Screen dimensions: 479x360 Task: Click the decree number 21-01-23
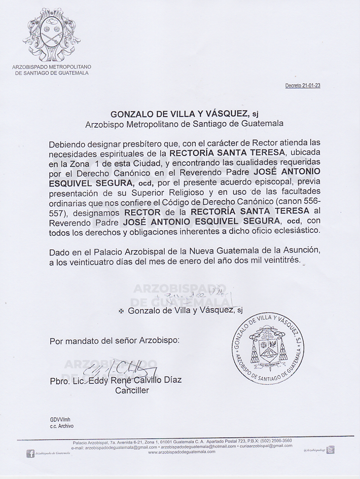tap(303, 86)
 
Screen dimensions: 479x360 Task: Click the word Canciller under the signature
tap(132, 390)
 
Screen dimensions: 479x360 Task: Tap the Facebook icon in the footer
tap(31, 454)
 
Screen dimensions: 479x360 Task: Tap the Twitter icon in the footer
tap(330, 450)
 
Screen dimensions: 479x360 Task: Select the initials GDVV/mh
tap(60, 420)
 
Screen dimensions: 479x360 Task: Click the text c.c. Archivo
tap(61, 426)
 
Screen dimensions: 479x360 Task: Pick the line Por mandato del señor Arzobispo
tap(114, 341)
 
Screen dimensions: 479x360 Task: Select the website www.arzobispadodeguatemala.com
tap(181, 452)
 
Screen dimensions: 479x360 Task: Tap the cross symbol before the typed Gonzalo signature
tap(121, 311)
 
